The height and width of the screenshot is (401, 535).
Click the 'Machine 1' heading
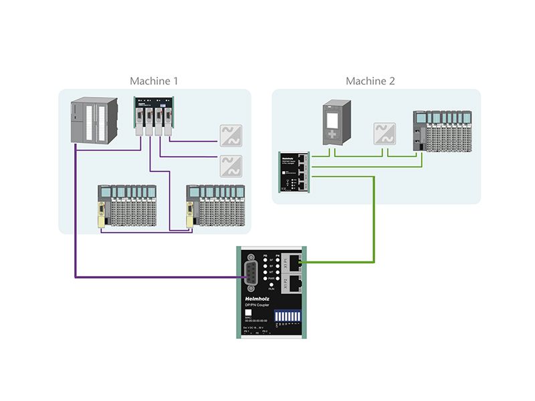click(x=154, y=81)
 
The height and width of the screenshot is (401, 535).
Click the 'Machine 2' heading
click(x=370, y=81)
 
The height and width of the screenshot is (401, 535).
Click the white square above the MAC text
click(x=249, y=313)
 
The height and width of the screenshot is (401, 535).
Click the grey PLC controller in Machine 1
click(x=92, y=121)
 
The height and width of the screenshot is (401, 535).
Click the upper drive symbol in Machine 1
click(x=231, y=135)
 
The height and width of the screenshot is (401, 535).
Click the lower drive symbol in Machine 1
click(x=231, y=163)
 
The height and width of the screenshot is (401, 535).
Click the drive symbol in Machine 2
click(x=384, y=132)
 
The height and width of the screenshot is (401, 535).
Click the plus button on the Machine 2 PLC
click(x=332, y=136)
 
